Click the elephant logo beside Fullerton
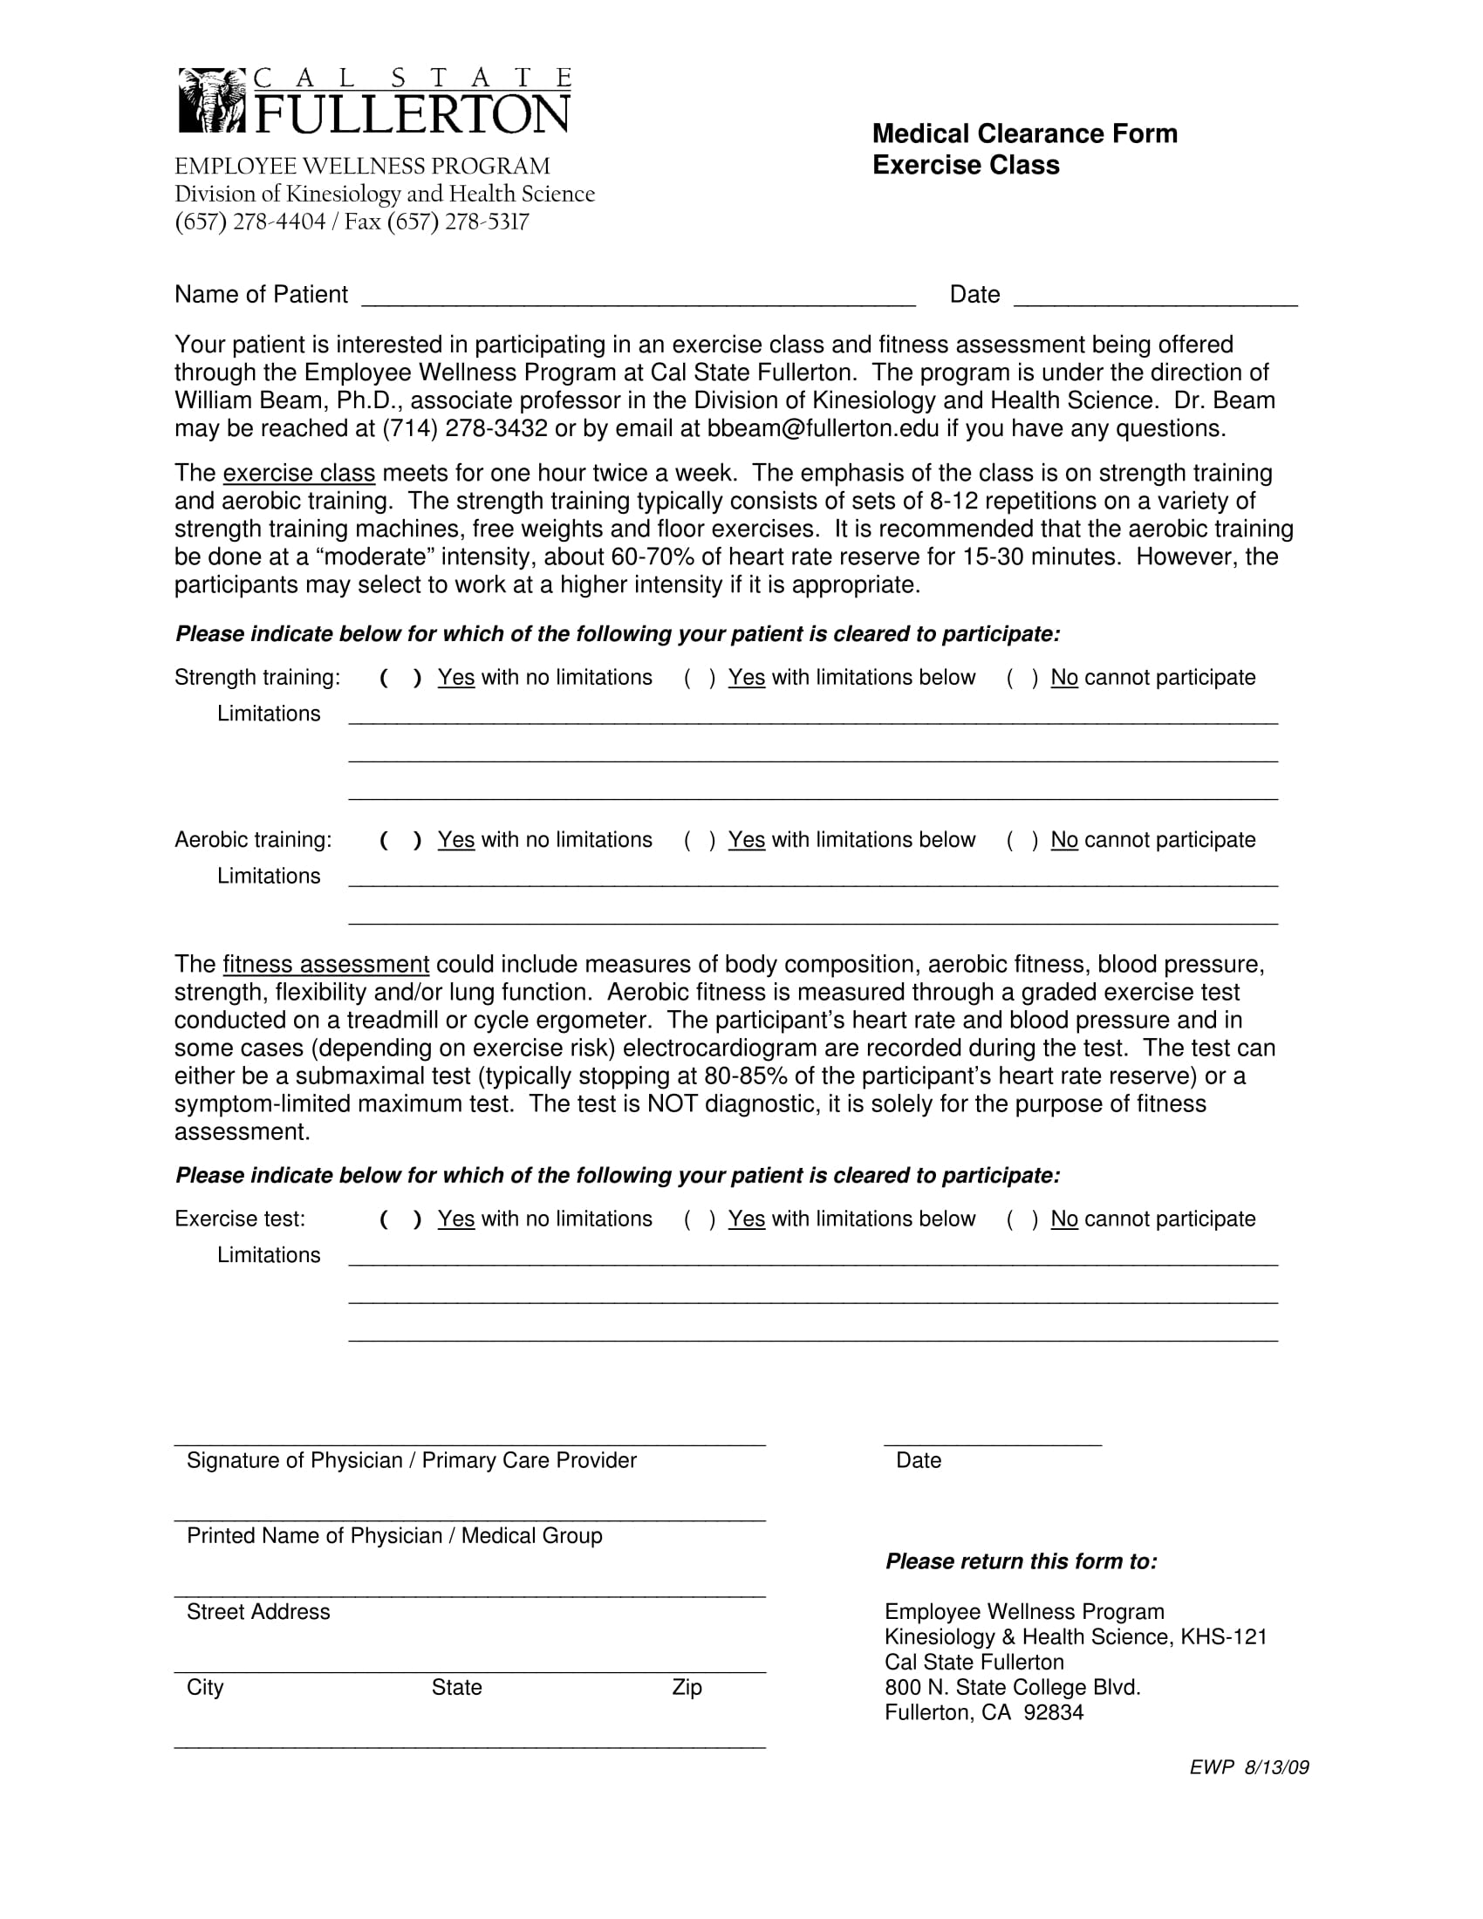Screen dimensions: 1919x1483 click(211, 101)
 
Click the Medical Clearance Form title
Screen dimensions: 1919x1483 click(1024, 133)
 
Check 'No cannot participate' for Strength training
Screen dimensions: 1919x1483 click(1022, 678)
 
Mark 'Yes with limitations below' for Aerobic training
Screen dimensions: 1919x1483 click(700, 840)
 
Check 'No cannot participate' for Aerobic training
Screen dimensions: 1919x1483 click(1022, 840)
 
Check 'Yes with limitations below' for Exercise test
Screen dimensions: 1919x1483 click(700, 1219)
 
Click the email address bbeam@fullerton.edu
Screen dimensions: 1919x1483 click(823, 429)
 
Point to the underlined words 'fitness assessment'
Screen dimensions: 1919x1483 click(326, 965)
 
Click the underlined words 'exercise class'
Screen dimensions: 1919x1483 click(298, 474)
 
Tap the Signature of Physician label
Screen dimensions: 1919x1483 click(411, 1460)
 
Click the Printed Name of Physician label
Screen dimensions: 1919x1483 click(394, 1536)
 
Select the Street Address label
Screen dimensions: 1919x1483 click(258, 1611)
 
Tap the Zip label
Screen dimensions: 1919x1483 click(687, 1687)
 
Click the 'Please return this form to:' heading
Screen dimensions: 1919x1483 click(1021, 1561)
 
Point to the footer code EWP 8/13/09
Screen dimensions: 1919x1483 click(1248, 1768)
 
